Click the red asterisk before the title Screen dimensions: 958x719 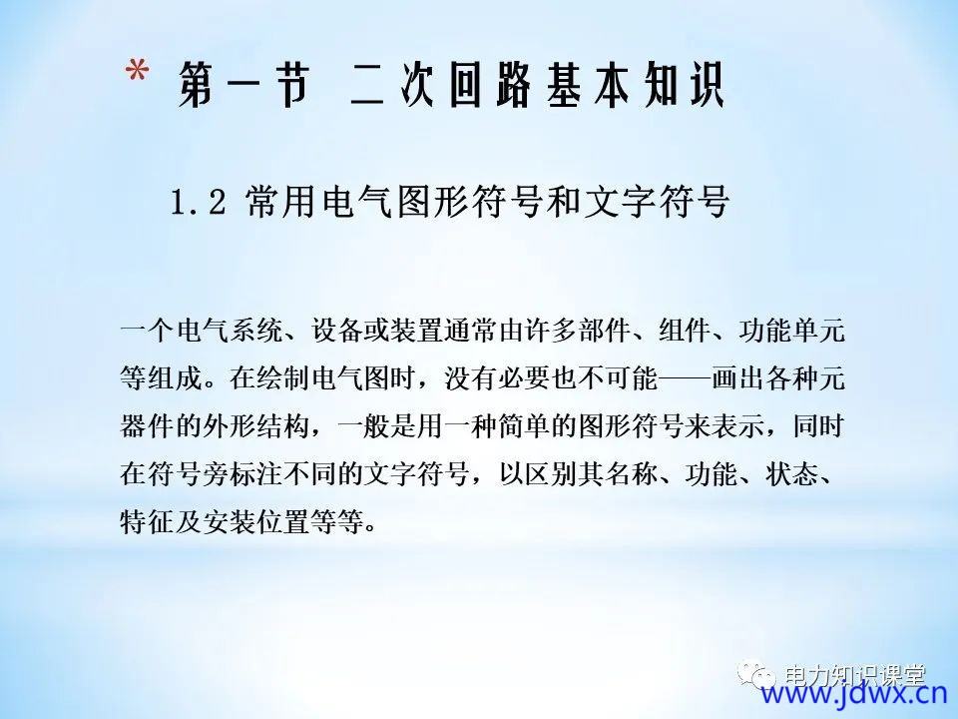pos(138,72)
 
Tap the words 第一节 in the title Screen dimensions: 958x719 pos(243,86)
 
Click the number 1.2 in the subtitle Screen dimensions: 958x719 pos(198,202)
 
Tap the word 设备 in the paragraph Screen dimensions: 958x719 pos(338,331)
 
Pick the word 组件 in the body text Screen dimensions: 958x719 pos(685,331)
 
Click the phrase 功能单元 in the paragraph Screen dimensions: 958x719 pos(791,331)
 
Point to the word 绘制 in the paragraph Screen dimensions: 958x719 pos(283,378)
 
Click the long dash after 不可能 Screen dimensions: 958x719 pos(685,379)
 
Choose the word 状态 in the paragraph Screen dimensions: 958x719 pos(791,474)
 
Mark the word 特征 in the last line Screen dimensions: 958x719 pos(147,522)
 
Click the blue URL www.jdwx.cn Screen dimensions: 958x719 pos(854,693)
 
